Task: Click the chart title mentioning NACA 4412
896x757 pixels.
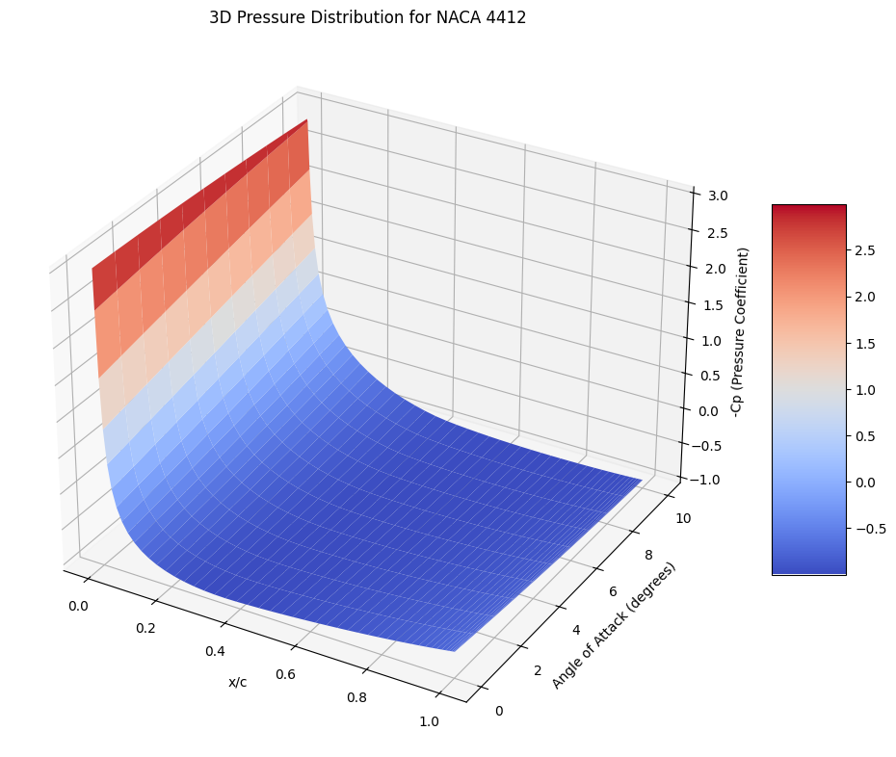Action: pos(367,17)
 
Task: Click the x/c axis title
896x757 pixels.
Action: pos(237,682)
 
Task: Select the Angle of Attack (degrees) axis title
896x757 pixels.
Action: pos(614,625)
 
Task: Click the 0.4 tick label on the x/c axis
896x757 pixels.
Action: pos(215,651)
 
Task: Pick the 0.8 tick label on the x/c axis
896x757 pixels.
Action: pos(355,697)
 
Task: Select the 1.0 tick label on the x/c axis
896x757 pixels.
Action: pos(430,721)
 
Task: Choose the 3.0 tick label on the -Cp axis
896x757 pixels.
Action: pos(717,196)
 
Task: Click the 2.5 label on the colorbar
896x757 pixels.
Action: pos(864,251)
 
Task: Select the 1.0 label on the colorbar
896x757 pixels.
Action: pos(864,390)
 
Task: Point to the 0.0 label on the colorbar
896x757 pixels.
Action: pos(864,483)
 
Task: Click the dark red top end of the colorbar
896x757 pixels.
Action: pos(808,211)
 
